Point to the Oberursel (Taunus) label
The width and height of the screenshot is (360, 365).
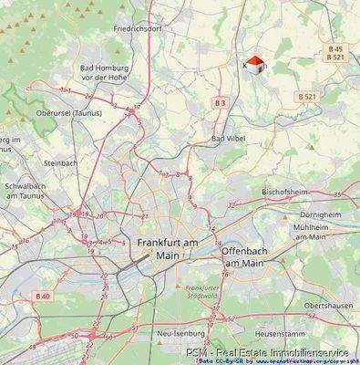(x=67, y=113)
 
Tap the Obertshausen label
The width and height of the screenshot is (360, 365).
(x=330, y=305)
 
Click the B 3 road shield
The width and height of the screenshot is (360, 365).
(x=220, y=103)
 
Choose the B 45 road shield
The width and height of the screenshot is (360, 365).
(x=335, y=48)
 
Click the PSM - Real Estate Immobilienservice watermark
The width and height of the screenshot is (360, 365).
(x=272, y=351)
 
